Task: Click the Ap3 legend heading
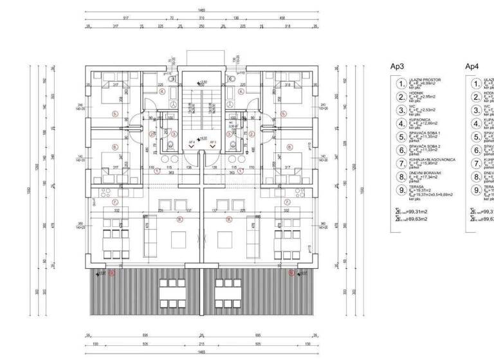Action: click(x=398, y=67)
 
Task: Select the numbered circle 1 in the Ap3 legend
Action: click(x=401, y=84)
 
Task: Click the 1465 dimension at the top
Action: click(x=201, y=12)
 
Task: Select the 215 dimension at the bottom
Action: click(x=201, y=345)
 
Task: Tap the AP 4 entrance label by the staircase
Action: click(x=192, y=143)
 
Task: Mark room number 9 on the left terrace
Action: click(x=112, y=273)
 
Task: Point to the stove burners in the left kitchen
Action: click(x=106, y=192)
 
